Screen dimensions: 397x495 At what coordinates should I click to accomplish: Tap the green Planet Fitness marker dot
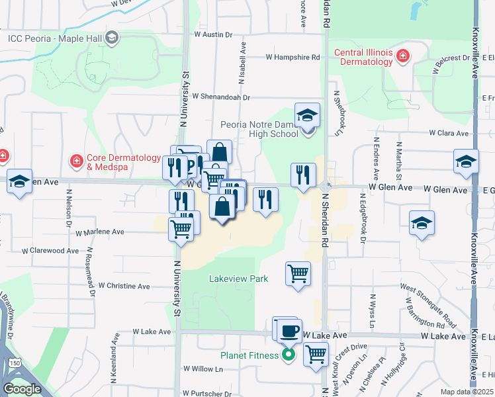[289, 355]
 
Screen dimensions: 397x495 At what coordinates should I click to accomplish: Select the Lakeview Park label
[238, 279]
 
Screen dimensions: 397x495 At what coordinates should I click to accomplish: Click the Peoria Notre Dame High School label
[259, 129]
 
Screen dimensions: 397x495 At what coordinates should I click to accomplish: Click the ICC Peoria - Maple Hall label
[55, 38]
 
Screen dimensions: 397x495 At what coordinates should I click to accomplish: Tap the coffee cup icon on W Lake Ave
[289, 330]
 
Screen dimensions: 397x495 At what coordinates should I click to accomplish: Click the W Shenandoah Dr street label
[222, 97]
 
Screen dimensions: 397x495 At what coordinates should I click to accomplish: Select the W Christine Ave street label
[124, 287]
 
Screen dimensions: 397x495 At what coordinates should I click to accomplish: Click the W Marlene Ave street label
[100, 232]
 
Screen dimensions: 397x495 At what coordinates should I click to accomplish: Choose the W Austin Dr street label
[214, 34]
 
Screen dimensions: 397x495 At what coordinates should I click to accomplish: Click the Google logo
[22, 388]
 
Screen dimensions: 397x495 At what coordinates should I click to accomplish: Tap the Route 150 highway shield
[14, 363]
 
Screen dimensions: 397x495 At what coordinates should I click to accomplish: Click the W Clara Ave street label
[449, 133]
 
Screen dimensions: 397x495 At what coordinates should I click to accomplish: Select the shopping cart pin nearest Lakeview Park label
[298, 273]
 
